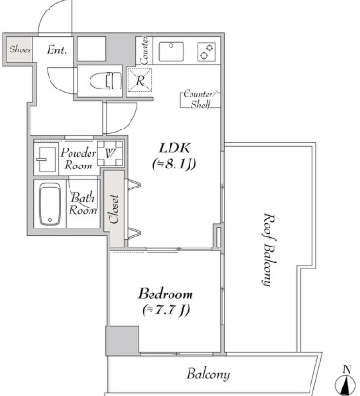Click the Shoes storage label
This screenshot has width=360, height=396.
coord(20,49)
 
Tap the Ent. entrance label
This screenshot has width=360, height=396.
coord(56,49)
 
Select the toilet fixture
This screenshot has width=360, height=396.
coord(106,81)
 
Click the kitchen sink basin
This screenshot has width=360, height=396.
coord(171,51)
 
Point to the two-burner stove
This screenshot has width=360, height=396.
coord(207,51)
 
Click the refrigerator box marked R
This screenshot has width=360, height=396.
coord(140,80)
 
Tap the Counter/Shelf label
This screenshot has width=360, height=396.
coord(201,99)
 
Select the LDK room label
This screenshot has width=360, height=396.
coord(174,148)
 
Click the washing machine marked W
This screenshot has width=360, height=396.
coord(110,153)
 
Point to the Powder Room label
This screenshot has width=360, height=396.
coord(78,159)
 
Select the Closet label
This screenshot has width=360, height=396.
coord(113,208)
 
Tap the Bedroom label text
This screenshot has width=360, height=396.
coord(165,294)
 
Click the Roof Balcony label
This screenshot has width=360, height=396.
coord(269,249)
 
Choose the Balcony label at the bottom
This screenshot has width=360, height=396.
coord(208,374)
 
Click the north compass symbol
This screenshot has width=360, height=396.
coord(347,383)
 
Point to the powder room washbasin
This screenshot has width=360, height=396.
coord(46,159)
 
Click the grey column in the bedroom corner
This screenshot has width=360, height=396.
coord(122,340)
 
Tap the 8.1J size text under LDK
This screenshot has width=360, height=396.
coord(174,164)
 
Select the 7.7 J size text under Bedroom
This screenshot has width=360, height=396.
coord(166,309)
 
